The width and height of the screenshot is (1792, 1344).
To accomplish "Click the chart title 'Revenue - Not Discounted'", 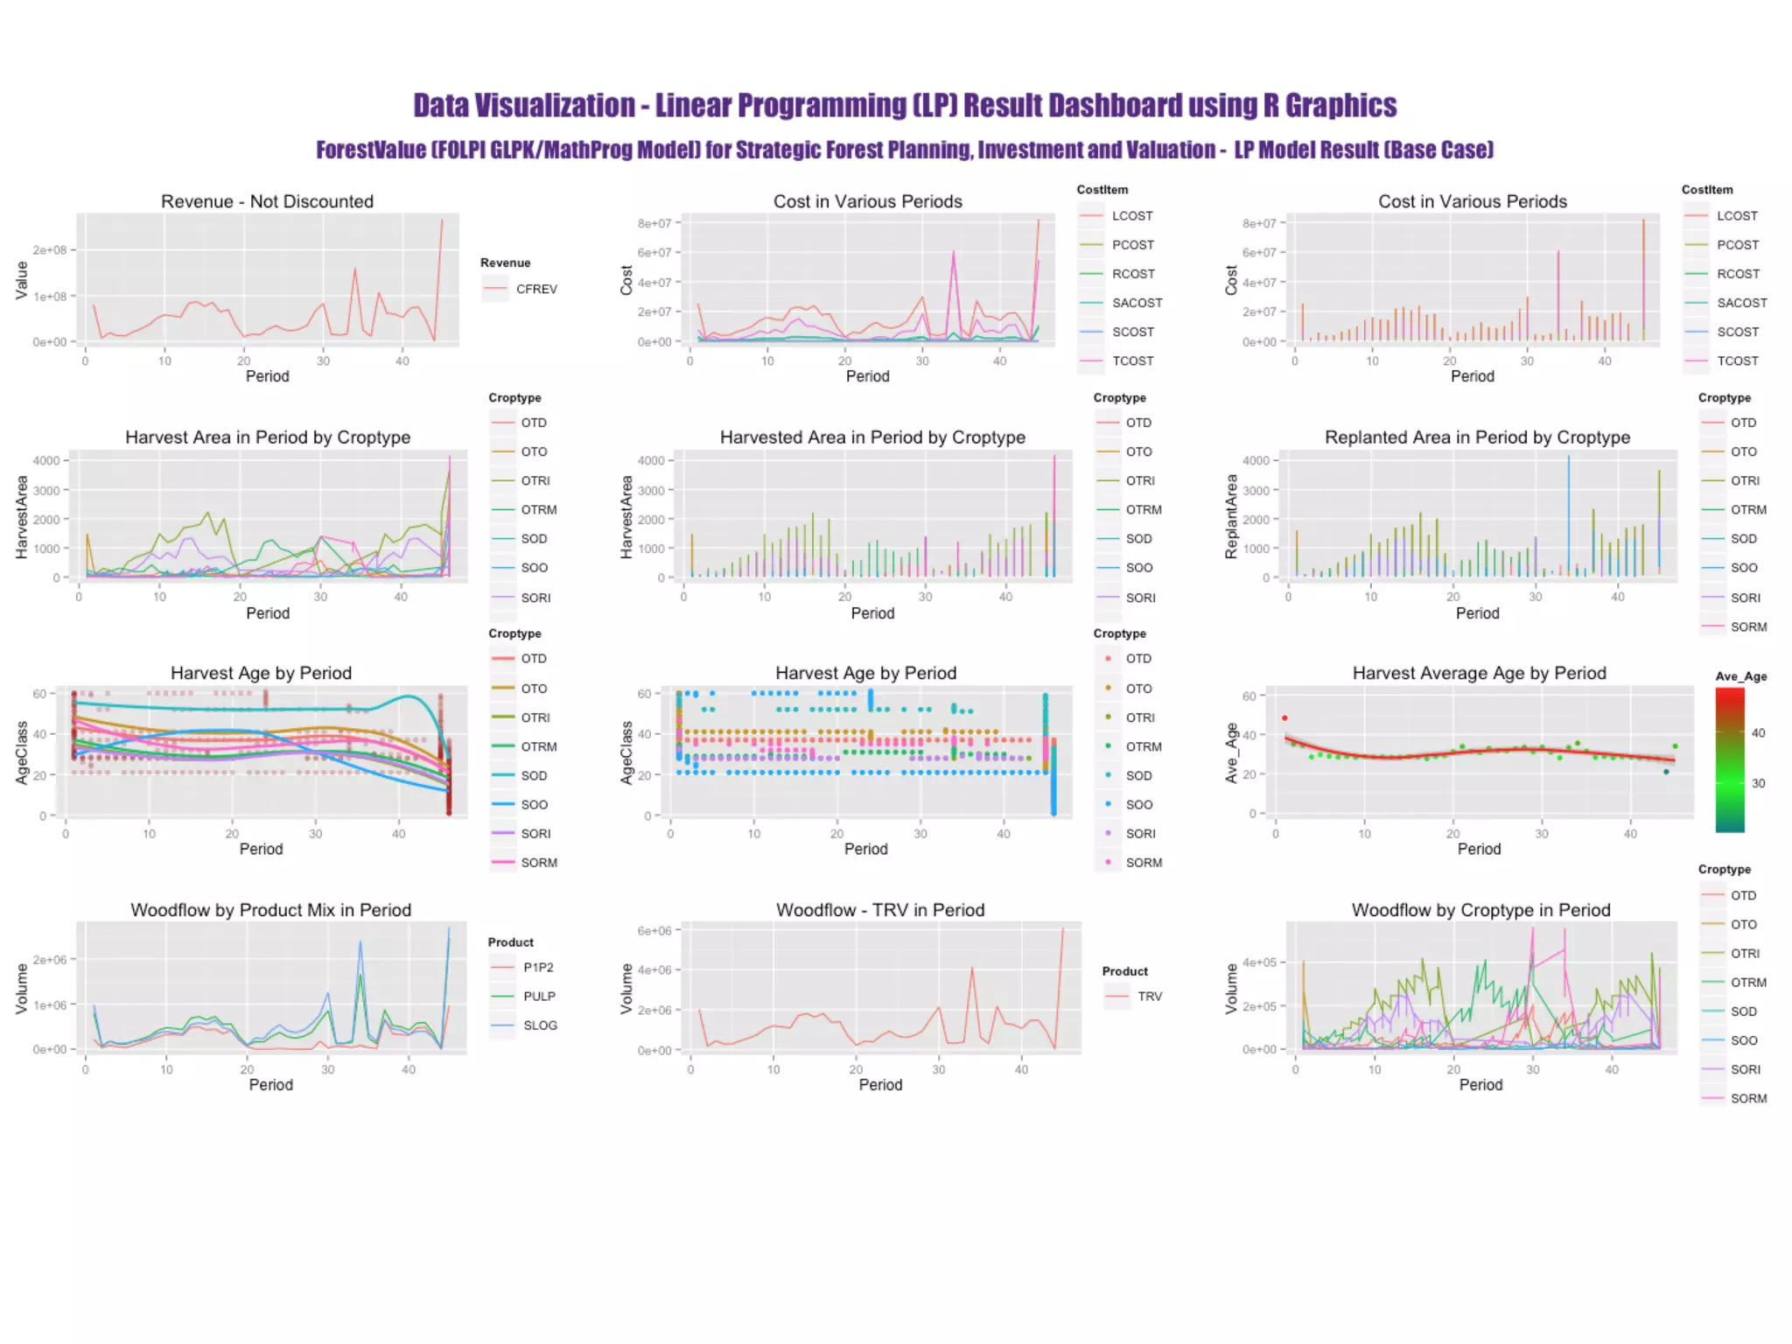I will point(267,201).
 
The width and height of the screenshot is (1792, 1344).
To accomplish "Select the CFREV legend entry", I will point(535,289).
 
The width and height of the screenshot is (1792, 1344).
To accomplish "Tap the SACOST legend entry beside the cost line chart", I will point(1137,303).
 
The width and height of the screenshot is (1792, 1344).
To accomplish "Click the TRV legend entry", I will point(1149,997).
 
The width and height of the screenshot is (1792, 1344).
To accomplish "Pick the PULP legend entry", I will point(539,997).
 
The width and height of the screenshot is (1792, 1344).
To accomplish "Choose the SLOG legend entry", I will point(540,1025).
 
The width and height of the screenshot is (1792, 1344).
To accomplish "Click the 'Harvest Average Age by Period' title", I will point(1479,673).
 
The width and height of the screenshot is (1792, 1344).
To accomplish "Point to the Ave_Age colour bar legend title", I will point(1740,676).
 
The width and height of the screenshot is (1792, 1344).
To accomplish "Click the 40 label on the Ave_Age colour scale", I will point(1758,733).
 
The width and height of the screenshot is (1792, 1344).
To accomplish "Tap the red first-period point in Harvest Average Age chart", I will point(1284,718).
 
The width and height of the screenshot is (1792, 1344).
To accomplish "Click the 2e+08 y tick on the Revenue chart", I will point(50,250).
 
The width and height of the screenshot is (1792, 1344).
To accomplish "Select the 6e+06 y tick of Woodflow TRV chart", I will point(654,931).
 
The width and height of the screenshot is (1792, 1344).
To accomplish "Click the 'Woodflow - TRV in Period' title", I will point(880,910).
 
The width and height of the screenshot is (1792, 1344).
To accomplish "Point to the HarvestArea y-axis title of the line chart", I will point(22,518).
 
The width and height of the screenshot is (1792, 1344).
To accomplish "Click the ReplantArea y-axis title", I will point(1231,518).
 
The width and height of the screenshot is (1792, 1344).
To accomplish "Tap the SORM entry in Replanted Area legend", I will point(1748,627).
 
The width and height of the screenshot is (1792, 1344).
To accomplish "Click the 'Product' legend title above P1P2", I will point(510,942).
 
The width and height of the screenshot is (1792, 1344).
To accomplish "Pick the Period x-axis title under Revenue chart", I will point(267,376).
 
